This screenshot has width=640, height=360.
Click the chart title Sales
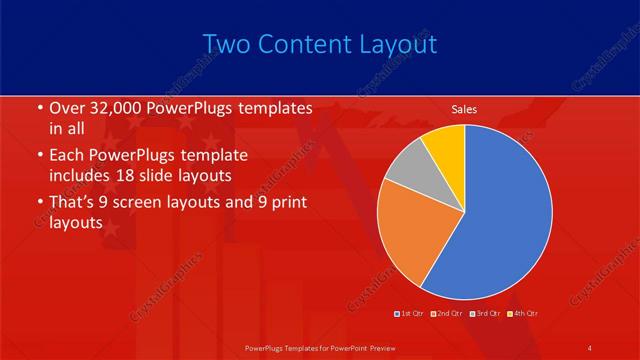pyautogui.click(x=464, y=108)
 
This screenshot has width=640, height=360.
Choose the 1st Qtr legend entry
pyautogui.click(x=409, y=315)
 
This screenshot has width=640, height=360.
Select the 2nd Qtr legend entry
pyautogui.click(x=448, y=315)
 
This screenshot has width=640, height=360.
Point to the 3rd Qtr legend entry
pyautogui.click(x=486, y=315)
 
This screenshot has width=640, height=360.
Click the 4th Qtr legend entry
pyautogui.click(x=523, y=315)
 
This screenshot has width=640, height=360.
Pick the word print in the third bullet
pyautogui.click(x=287, y=204)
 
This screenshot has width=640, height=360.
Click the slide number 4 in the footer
pyautogui.click(x=589, y=347)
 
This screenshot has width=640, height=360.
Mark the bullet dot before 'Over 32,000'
pyautogui.click(x=39, y=108)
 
